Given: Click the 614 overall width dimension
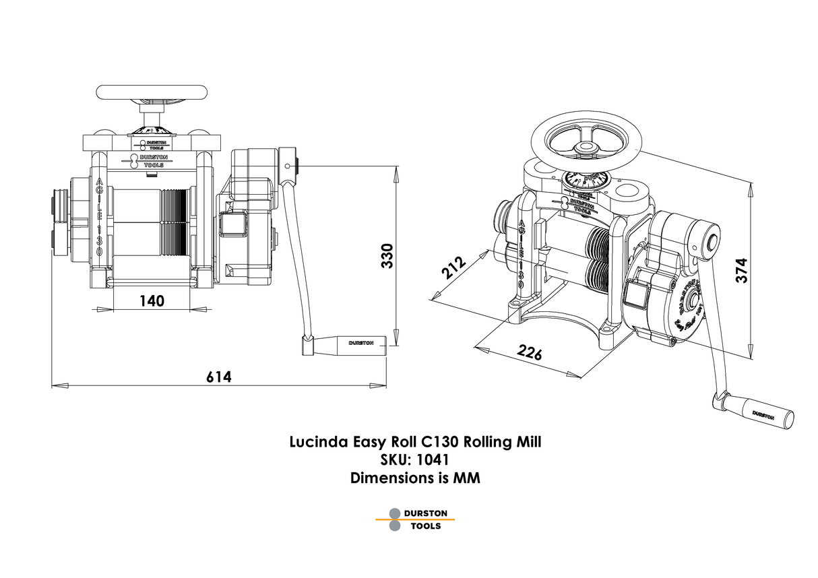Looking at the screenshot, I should [x=218, y=377].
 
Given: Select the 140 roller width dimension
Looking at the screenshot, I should [x=152, y=300].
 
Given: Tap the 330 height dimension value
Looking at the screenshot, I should [x=386, y=256].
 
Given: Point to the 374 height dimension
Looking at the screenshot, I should [x=742, y=271].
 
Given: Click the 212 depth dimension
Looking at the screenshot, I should [x=454, y=267].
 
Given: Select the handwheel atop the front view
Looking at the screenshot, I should [x=151, y=92].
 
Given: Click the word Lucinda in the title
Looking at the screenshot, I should [x=319, y=443].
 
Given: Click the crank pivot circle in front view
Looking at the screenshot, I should [x=288, y=165].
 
